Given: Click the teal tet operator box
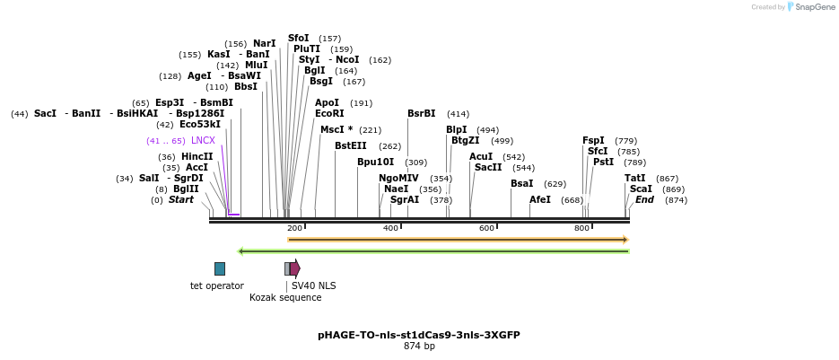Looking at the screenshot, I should coord(220,268).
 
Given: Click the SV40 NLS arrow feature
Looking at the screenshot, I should coord(294,268).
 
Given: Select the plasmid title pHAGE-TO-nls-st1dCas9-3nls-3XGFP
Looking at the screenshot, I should coord(419,335).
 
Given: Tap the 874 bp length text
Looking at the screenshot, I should coord(419,346).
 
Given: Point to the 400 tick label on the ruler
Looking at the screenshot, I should coord(390,228).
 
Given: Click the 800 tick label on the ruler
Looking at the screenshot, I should coord(581,228).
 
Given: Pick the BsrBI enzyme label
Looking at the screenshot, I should coord(421,114).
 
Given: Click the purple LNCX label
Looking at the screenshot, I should coord(203,141).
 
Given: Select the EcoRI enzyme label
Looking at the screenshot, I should coord(329,114).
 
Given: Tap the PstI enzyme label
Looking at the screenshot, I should coord(604,162).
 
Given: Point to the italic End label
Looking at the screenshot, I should coord(644,199).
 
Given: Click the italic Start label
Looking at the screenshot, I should coord(180,199).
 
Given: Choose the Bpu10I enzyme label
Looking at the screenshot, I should coord(375,162).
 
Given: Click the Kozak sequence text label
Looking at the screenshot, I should coord(285,297).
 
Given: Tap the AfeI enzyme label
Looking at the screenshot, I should coord(540,199).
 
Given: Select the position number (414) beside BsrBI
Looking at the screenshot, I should coord(458,114).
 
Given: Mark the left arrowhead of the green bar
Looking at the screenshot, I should coord(240,251).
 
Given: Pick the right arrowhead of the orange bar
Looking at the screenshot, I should coord(625,240).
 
